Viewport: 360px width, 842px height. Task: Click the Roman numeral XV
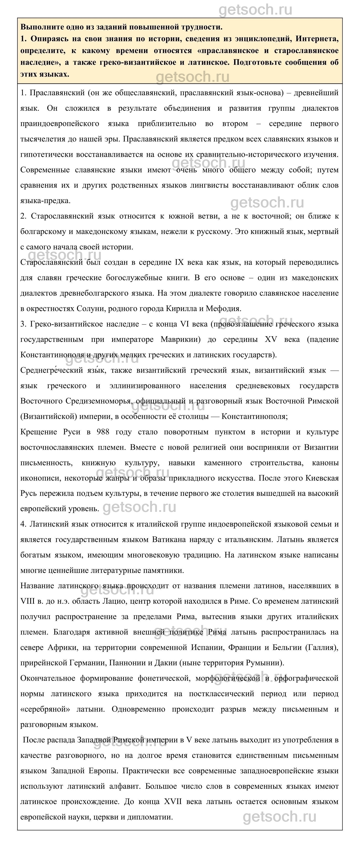click(x=271, y=339)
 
